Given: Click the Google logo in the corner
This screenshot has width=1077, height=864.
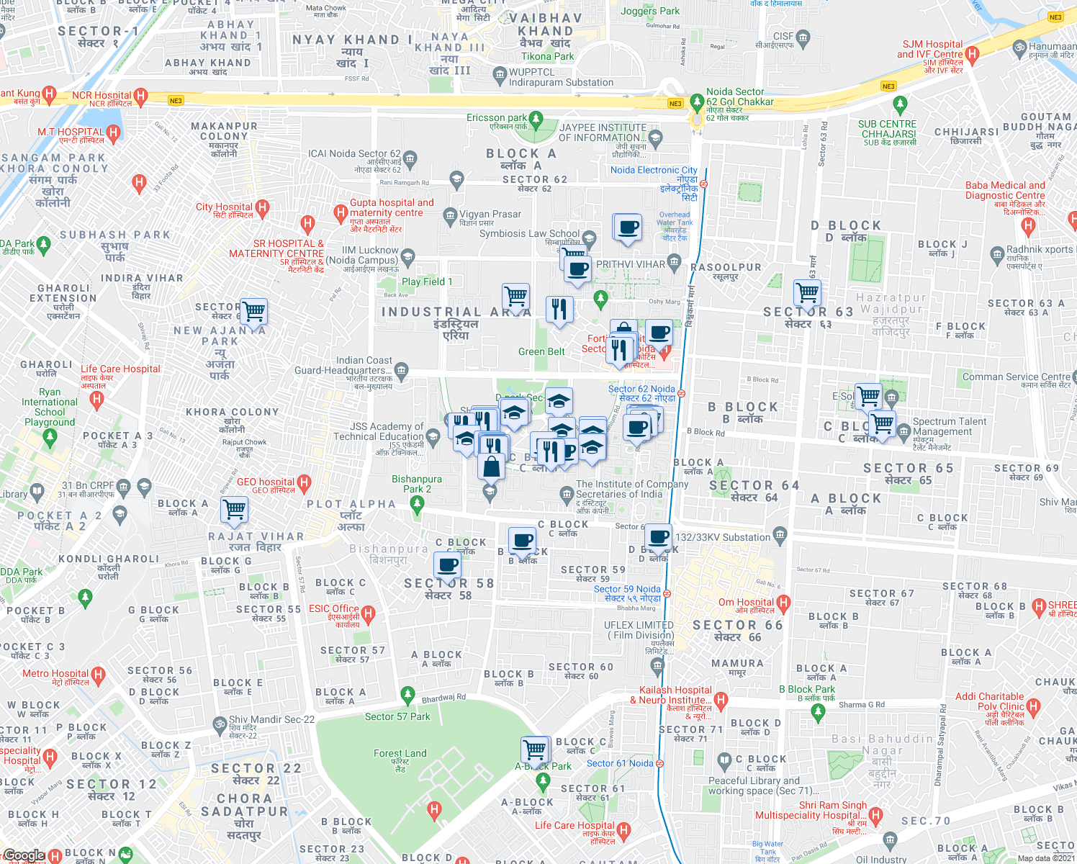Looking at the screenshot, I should point(24,855).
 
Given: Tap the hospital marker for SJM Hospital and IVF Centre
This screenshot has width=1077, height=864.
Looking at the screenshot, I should point(972,53).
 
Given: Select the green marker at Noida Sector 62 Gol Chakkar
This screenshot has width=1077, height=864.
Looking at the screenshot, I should point(696,102).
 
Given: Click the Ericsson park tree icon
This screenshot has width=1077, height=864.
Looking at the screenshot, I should point(536,118).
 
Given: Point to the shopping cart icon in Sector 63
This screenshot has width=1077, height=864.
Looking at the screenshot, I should point(807,292).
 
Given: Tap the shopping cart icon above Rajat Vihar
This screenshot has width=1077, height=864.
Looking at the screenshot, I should point(235,509).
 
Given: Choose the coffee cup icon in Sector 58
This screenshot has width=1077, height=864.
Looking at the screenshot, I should point(447,566).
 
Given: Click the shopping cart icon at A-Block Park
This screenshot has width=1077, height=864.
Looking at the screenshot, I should point(535,749).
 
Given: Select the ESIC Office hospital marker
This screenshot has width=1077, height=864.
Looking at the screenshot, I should point(369,614).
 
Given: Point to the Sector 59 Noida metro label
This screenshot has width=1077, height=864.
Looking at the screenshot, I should point(627,593).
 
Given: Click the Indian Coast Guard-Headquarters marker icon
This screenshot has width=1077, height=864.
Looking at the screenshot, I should point(402,371).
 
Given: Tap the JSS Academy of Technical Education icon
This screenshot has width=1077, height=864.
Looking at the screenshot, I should point(433,436).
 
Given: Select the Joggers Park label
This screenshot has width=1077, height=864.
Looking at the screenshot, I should point(650,11).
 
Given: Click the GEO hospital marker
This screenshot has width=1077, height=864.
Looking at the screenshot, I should point(304,482).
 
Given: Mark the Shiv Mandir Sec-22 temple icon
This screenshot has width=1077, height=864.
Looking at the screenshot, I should point(220,723).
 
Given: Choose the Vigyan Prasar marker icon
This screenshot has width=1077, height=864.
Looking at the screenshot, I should point(450,215).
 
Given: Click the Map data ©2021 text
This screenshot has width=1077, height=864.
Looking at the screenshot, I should point(1045,858).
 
